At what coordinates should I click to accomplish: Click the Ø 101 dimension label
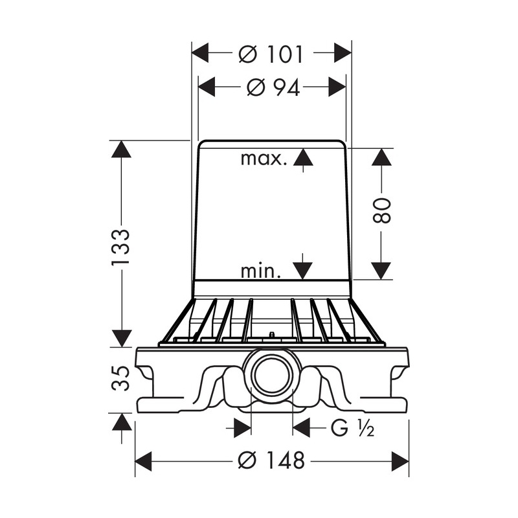pos(271,54)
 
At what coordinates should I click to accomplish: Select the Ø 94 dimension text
pos(273,88)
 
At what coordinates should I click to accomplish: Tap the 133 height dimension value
pos(120,247)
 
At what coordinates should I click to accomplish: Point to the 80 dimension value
pos(381,210)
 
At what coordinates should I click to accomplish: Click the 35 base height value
pos(120,378)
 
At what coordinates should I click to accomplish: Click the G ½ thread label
pos(352,428)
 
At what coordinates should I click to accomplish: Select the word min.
pos(261,271)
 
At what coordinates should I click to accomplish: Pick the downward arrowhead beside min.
pos(303,271)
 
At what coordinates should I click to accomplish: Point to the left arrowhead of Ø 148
pos(143,460)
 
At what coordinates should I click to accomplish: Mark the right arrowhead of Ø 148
pos(400,460)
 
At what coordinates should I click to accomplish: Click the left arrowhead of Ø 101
pos(200,53)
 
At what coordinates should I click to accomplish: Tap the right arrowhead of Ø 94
pos(337,87)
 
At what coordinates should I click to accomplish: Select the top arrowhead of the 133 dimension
pos(121,149)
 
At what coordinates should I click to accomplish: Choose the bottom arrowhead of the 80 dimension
pos(381,271)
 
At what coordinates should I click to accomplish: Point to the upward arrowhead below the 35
pos(121,422)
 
